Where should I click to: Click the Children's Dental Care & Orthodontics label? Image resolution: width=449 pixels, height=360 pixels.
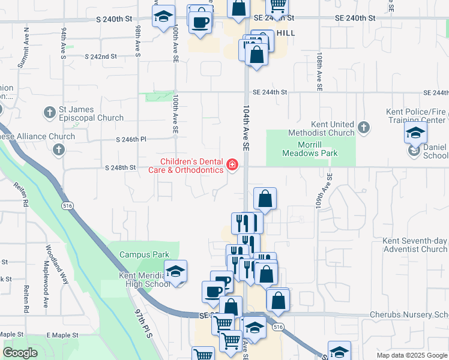[191, 166]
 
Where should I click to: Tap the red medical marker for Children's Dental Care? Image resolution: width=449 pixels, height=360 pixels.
[232, 164]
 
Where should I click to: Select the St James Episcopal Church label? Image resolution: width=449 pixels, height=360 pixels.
[91, 114]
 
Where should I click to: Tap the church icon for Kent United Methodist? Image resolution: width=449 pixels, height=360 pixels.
[363, 127]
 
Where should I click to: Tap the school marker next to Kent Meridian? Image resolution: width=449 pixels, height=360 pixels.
[175, 272]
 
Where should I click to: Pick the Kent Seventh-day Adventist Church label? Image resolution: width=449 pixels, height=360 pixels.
[415, 245]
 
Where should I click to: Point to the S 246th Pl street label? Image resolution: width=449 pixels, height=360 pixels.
[131, 139]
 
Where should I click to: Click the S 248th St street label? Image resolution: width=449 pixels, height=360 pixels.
[121, 167]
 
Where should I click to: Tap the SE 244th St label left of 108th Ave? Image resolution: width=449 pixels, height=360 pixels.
[270, 92]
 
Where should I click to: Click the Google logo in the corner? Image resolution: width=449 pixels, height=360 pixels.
[20, 353]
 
